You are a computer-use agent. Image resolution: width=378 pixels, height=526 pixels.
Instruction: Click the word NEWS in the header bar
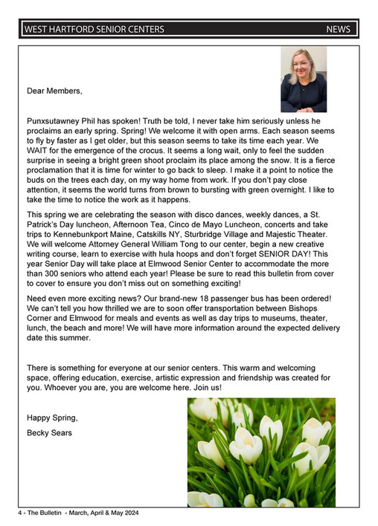[338, 30]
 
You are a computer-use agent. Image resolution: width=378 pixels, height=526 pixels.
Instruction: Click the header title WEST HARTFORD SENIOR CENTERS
[94, 30]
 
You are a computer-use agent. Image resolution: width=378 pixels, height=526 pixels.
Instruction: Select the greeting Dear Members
[54, 91]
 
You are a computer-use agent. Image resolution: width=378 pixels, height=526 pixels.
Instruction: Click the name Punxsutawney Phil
[64, 120]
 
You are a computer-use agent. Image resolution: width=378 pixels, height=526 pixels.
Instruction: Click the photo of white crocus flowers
[260, 452]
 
